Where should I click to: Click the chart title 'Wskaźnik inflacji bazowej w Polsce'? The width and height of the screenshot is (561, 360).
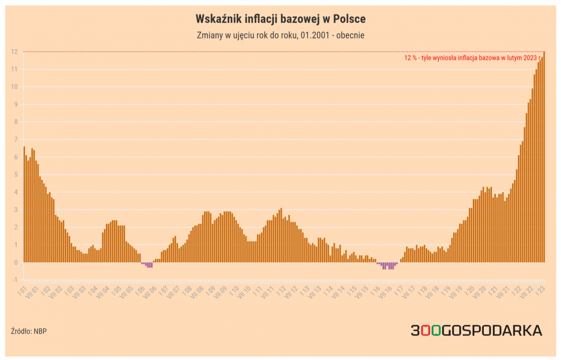pyautogui.click(x=280, y=19)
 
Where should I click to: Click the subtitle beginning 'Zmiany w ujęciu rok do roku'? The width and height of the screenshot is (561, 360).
pyautogui.click(x=280, y=35)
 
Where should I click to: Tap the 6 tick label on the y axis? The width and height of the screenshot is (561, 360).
pyautogui.click(x=15, y=157)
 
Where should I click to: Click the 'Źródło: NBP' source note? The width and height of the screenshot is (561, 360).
pyautogui.click(x=29, y=331)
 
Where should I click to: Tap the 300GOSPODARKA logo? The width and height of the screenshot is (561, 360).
pyautogui.click(x=476, y=330)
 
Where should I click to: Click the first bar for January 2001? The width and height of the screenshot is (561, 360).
pyautogui.click(x=24, y=204)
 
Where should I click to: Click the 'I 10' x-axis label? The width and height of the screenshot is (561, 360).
pyautogui.click(x=235, y=290)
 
